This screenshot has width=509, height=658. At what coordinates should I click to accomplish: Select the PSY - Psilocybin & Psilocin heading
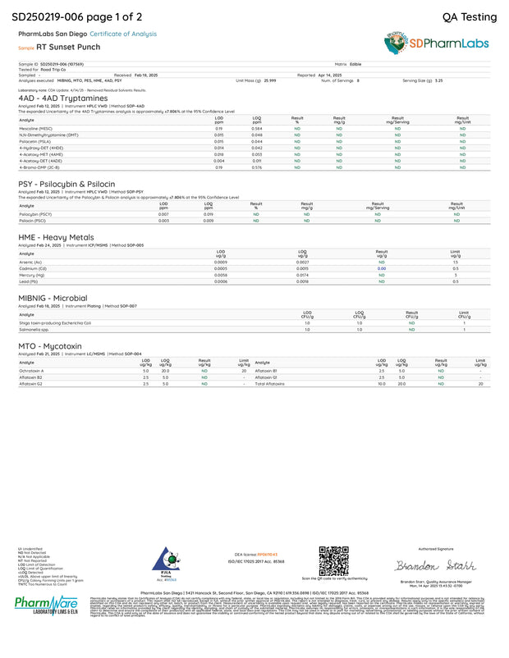(x=68, y=185)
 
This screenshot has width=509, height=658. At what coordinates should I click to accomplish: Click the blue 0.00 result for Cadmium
(x=381, y=268)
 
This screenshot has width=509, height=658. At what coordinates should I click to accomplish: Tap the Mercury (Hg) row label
(x=32, y=275)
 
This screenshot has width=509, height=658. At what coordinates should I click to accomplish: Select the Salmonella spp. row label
(x=33, y=329)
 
